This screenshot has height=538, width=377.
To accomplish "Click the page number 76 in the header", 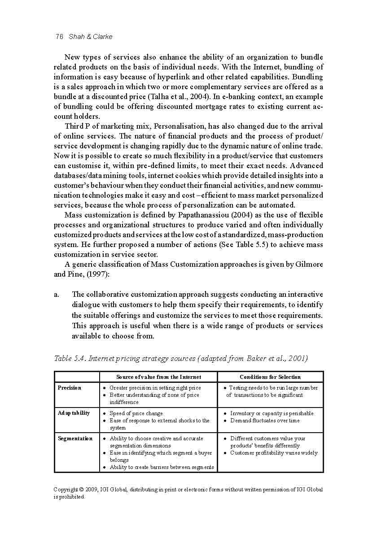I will pyautogui.click(x=59, y=37).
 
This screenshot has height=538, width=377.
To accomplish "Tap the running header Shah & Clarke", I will pyautogui.click(x=91, y=37).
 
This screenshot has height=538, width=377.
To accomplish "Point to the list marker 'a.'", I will pyautogui.click(x=57, y=295).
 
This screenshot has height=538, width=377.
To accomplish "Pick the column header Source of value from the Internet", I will pyautogui.click(x=158, y=377).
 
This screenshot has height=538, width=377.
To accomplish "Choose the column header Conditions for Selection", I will pyautogui.click(x=270, y=377).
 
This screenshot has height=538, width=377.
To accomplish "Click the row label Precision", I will pyautogui.click(x=70, y=388).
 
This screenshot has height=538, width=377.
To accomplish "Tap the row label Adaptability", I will pyautogui.click(x=74, y=413).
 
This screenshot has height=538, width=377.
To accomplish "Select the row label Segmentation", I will pyautogui.click(x=75, y=438).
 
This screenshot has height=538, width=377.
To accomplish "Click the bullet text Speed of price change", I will pyautogui.click(x=136, y=413).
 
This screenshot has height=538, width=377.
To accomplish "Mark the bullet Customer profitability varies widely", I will pyautogui.click(x=273, y=453).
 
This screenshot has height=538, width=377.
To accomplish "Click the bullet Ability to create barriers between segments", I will pyautogui.click(x=162, y=468).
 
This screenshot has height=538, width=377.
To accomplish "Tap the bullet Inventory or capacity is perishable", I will pyautogui.click(x=272, y=413).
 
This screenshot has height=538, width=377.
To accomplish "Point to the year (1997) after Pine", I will pyautogui.click(x=98, y=274).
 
